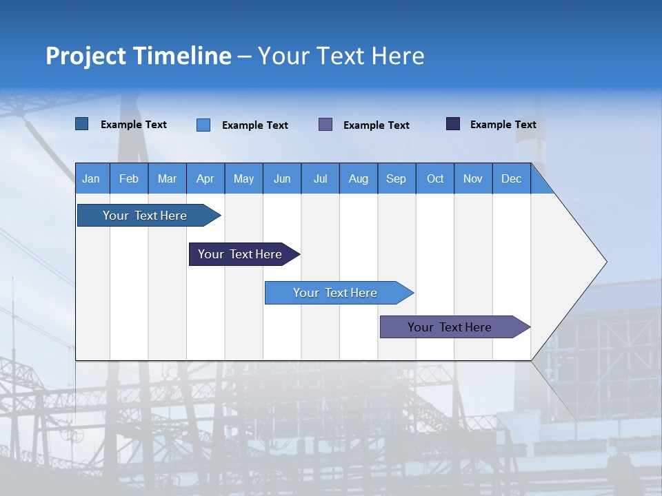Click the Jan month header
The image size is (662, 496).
(x=92, y=178)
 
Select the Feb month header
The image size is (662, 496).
(x=129, y=178)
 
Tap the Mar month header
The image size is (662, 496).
(x=167, y=178)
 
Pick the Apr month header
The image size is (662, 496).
(x=205, y=178)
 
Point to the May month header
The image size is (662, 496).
(x=243, y=178)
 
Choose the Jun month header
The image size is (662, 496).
(x=282, y=178)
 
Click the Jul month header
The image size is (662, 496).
(x=320, y=178)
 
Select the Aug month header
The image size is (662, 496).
(x=359, y=178)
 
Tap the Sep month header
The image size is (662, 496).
(x=397, y=178)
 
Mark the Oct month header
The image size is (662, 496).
(x=435, y=178)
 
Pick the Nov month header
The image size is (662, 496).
(x=473, y=178)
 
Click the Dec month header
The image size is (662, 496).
(x=512, y=178)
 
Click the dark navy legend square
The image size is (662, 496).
(x=453, y=124)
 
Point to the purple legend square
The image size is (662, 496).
(x=325, y=124)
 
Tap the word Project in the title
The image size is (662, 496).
(x=86, y=56)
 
